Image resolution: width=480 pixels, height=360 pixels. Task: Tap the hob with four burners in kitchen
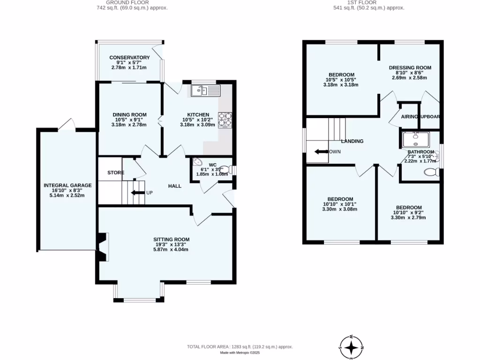coord(225,120)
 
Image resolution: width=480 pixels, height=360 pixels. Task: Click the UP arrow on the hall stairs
coord(137,192)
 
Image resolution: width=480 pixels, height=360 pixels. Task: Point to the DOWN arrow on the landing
coord(322,152)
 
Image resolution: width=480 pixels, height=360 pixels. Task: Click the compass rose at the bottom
coord(352,347)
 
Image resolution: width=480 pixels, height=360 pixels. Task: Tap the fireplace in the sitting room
coord(103,247)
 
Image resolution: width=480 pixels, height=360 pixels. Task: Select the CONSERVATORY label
coord(129,58)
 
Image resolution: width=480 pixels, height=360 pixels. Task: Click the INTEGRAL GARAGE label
coord(67,185)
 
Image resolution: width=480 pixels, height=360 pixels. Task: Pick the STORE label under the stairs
coord(115,173)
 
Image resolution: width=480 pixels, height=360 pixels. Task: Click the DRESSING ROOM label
coord(410,67)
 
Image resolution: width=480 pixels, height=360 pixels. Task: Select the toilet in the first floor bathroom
coord(430,172)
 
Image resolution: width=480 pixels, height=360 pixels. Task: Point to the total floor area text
coord(240,346)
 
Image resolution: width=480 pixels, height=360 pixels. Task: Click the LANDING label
coord(352,141)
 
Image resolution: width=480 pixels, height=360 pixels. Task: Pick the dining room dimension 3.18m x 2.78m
coord(129,125)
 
